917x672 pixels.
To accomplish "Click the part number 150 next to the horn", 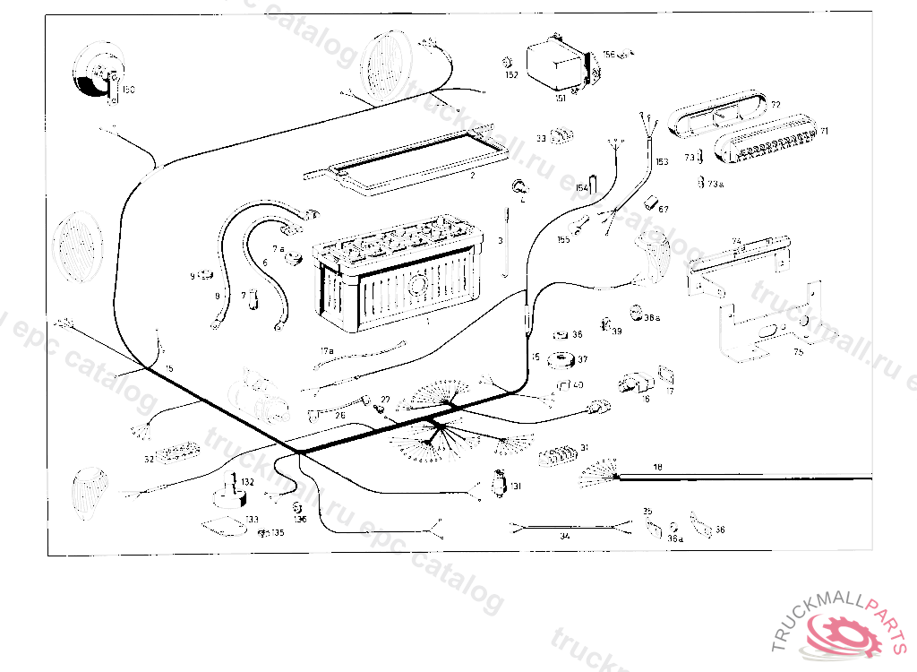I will point(128,90).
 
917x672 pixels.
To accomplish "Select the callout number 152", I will point(511,75).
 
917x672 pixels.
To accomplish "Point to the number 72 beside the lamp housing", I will point(776,105).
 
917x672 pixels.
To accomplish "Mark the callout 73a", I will point(714,184).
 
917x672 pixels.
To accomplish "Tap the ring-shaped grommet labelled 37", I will point(562,360).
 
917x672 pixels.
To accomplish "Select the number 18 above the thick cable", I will point(657,467).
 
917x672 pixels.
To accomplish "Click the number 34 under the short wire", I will point(564,536).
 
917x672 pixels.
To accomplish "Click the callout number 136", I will point(301,519).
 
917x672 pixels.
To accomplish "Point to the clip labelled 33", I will point(561,137).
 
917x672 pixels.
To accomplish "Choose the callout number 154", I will point(582,187).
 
